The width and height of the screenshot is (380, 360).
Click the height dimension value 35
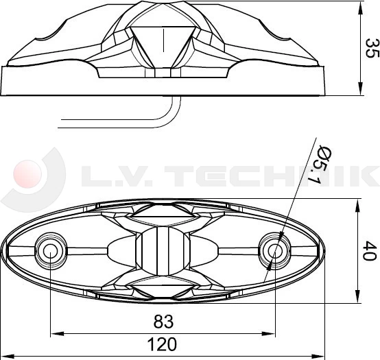pyautogui.click(x=371, y=47)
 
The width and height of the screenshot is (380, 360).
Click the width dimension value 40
pyautogui.click(x=371, y=251)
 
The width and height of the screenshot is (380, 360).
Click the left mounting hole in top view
pyautogui.click(x=50, y=251)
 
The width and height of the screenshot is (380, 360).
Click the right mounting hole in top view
pyautogui.click(x=274, y=251)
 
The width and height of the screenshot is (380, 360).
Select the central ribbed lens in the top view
pyautogui.click(x=163, y=251)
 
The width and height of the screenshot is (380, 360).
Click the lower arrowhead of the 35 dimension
pyautogui.click(x=361, y=89)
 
